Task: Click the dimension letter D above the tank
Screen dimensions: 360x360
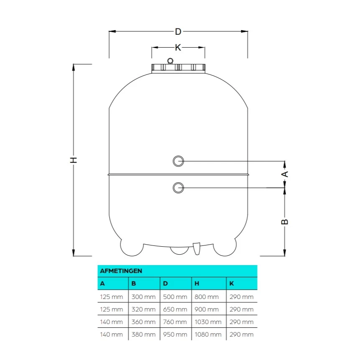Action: (178, 31)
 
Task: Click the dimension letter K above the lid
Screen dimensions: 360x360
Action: (178, 48)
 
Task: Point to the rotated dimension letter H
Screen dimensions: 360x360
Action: (73, 160)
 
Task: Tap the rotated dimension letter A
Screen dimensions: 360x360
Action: (285, 174)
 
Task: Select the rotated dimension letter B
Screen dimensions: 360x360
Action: (285, 222)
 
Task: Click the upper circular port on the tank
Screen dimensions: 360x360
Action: (178, 161)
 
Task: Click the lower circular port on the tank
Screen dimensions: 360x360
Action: (178, 188)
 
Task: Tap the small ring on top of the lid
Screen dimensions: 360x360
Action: (170, 61)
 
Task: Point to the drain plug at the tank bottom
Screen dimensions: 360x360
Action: (197, 249)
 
